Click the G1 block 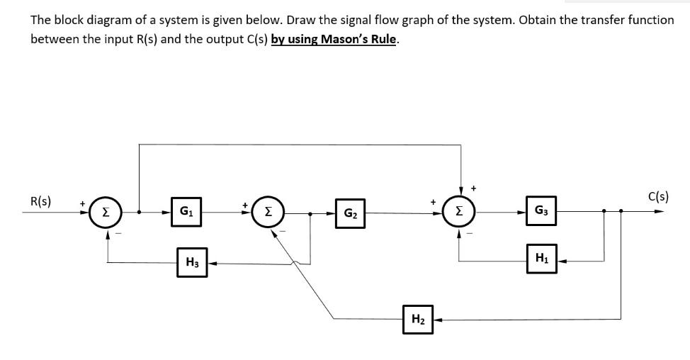point(186,211)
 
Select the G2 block point(350,212)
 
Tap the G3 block point(541,210)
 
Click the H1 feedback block point(541,261)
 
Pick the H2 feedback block point(417,319)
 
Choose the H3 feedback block point(192,263)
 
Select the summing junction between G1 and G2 point(268,211)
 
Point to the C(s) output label point(657,196)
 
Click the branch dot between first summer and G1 point(140,211)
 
